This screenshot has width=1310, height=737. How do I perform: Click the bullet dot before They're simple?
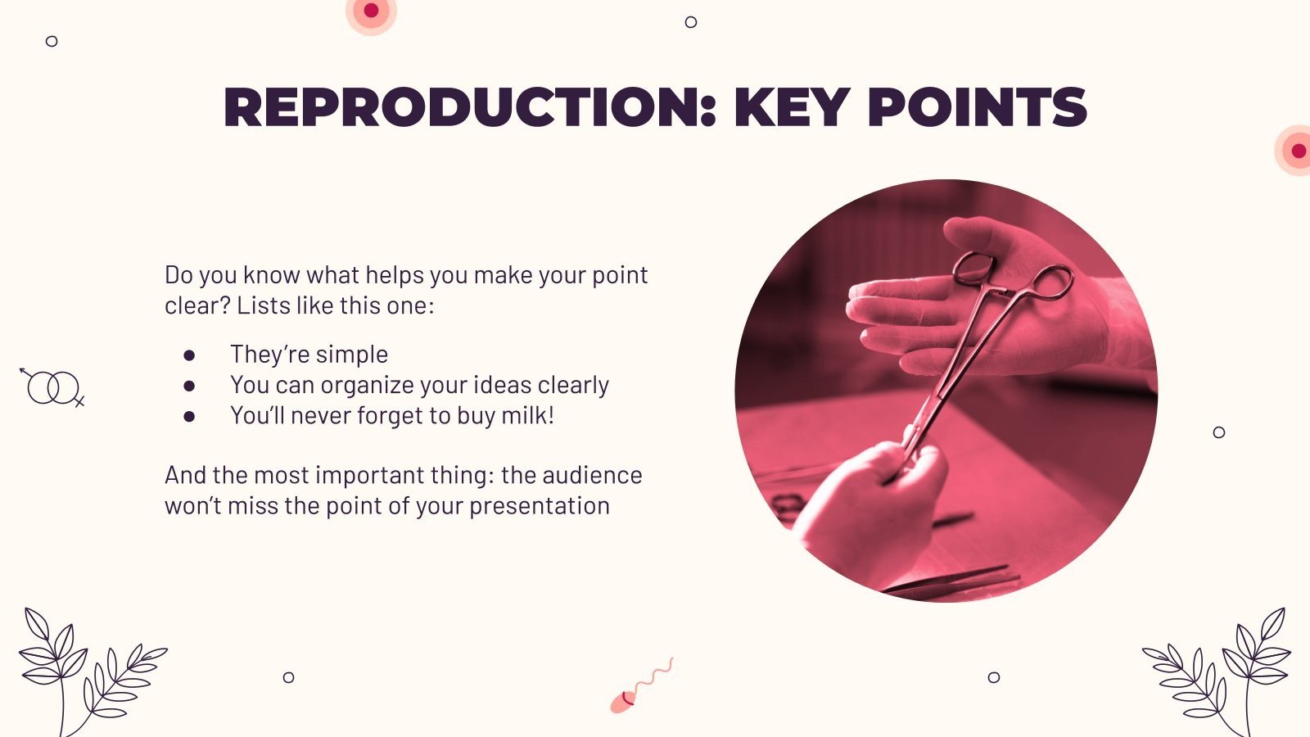pyautogui.click(x=189, y=355)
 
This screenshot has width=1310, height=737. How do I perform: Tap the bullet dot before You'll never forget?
pyautogui.click(x=189, y=416)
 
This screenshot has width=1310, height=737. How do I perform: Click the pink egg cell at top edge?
pyautogui.click(x=371, y=11)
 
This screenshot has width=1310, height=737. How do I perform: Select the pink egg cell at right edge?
pyautogui.click(x=1296, y=151)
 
